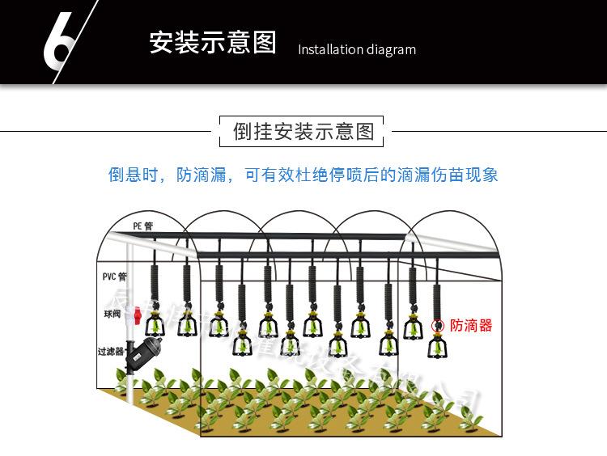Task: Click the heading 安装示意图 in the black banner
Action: (212, 42)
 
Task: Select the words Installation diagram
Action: (357, 50)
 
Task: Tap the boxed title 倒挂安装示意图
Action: (303, 131)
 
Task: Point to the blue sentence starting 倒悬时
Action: (303, 175)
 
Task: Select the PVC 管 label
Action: (114, 276)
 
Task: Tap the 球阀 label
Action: (112, 313)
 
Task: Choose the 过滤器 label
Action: (111, 352)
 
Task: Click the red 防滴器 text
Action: (472, 326)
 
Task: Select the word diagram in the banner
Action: (389, 50)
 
